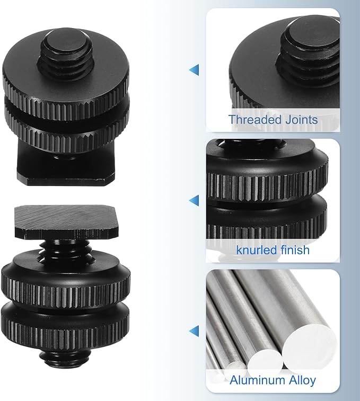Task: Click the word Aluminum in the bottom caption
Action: [257, 380]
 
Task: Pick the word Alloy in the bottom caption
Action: [302, 381]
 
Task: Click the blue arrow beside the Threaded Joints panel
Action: [194, 70]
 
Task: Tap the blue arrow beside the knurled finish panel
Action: [194, 200]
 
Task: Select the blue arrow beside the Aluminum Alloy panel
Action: [194, 331]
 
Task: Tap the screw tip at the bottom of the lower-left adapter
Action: [65, 359]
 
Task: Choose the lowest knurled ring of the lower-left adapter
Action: [66, 330]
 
